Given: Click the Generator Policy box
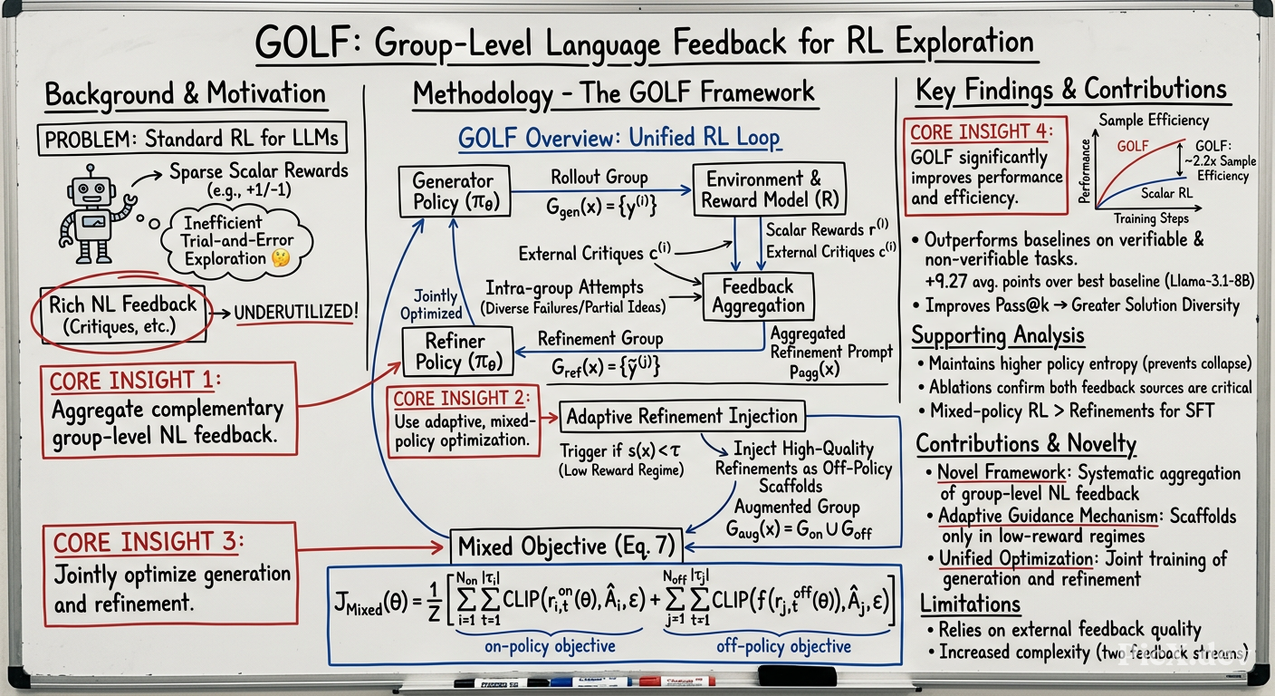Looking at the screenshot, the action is click(455, 191).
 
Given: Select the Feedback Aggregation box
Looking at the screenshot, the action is click(758, 296).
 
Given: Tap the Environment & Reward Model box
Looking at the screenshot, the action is click(770, 189).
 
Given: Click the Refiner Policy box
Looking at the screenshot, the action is click(457, 352).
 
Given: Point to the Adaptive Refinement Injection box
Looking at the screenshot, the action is click(682, 416).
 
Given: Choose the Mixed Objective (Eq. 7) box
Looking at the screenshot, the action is click(566, 546).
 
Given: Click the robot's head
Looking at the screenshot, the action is click(91, 191).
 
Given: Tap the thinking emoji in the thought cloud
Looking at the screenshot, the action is click(281, 258).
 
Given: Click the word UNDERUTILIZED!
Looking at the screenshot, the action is click(296, 312).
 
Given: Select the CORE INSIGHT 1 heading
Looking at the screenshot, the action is click(135, 381).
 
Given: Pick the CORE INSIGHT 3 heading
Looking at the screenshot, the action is click(149, 542).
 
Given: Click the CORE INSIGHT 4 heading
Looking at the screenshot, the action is click(982, 131).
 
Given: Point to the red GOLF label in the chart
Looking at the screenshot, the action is click(1133, 147).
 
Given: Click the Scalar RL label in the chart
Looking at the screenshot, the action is click(1166, 193).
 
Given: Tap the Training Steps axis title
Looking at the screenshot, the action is click(1151, 218).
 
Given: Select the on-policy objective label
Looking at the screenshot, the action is click(550, 646).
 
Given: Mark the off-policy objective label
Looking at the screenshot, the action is click(784, 646).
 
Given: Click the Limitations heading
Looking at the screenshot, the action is click(971, 604).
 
